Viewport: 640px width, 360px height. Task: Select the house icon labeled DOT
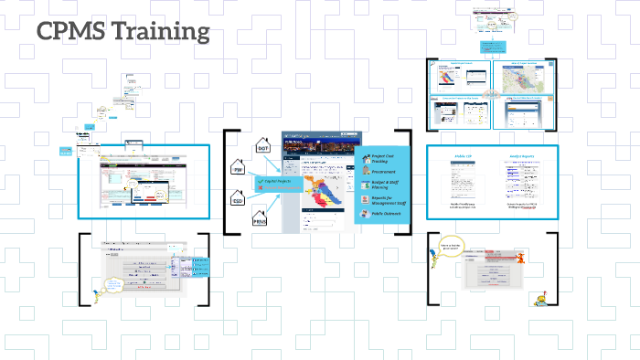262,146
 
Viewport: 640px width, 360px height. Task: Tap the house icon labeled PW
238,170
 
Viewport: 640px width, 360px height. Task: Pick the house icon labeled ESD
238,201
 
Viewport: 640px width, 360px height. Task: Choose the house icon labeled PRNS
260,219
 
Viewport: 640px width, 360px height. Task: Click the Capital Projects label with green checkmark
275,181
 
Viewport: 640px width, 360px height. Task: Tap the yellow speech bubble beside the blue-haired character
112,285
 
